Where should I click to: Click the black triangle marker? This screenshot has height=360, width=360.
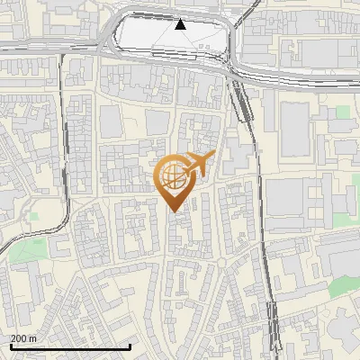[180, 24]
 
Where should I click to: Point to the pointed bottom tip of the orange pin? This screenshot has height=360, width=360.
[175, 211]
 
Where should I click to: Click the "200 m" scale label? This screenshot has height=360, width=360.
[24, 337]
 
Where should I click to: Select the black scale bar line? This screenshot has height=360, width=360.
[70, 346]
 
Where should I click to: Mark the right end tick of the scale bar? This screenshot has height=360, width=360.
[130, 346]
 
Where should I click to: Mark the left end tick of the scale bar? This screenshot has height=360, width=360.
[11, 346]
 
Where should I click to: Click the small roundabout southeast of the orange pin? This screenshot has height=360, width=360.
[220, 262]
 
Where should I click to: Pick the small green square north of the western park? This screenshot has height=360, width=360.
[34, 215]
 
